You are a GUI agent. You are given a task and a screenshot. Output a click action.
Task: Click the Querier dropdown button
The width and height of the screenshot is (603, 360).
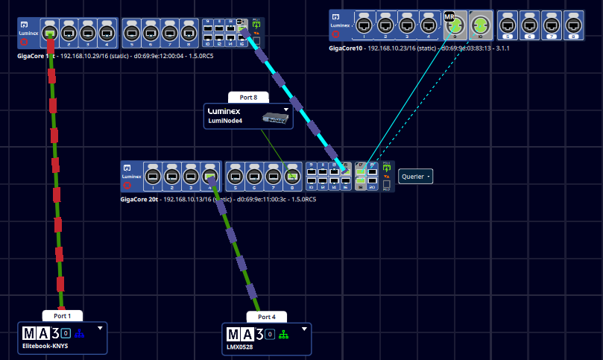tap(416, 176)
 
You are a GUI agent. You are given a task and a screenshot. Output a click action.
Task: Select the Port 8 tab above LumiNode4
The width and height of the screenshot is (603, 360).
tap(248, 97)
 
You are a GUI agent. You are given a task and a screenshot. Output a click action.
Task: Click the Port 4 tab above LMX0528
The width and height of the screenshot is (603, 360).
tap(267, 317)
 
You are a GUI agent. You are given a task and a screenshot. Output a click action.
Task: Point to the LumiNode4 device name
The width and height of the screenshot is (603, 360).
tap(226, 121)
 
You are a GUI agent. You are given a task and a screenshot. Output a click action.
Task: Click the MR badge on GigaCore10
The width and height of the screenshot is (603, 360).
tap(449, 16)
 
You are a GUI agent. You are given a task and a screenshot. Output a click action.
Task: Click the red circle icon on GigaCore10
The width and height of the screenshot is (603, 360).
tap(336, 34)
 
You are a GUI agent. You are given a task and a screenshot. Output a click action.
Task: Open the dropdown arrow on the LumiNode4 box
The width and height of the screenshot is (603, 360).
tap(285, 110)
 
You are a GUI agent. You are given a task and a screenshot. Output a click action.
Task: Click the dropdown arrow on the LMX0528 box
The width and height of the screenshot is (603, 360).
tap(304, 329)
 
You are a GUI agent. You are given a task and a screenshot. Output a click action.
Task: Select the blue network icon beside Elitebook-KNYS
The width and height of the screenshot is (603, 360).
tap(81, 333)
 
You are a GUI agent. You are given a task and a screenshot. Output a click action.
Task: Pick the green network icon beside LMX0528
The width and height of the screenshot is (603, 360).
tap(283, 334)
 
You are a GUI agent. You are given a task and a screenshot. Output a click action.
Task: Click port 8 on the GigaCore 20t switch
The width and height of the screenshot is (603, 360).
tap(293, 176)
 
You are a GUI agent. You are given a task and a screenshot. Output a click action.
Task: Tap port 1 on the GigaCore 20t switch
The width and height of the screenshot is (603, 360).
tap(153, 176)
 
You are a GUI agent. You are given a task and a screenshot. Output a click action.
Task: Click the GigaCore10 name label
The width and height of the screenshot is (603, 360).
tap(346, 48)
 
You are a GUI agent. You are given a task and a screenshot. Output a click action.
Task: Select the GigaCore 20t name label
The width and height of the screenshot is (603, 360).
tap(140, 200)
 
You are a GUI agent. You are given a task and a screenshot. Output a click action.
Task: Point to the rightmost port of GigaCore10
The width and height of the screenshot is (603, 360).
tap(575, 23)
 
